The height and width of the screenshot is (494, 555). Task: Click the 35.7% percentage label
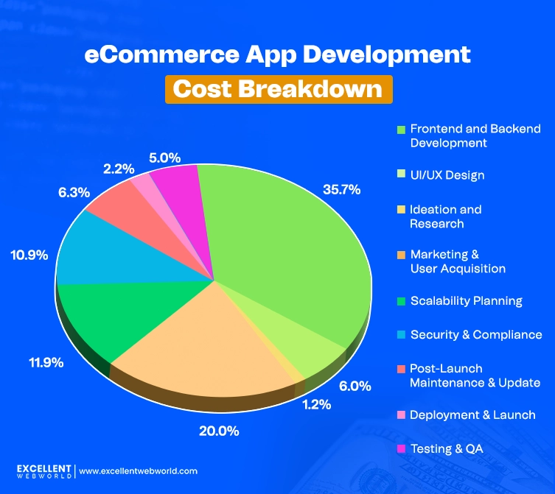click(x=341, y=189)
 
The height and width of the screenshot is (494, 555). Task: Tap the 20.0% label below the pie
click(x=219, y=431)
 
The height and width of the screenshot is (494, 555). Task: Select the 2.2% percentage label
click(x=118, y=169)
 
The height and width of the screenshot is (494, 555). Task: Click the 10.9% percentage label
click(x=29, y=255)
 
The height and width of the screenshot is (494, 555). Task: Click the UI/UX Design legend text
click(x=447, y=175)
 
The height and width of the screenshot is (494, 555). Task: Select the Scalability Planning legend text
click(x=466, y=300)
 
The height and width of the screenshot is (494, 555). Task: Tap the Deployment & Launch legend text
click(x=472, y=414)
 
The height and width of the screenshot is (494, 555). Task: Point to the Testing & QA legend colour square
click(x=401, y=448)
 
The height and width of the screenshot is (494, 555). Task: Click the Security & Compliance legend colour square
click(x=401, y=335)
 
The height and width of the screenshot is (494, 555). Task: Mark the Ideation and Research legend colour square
click(x=401, y=210)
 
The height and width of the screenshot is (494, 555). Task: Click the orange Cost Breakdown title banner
click(x=279, y=88)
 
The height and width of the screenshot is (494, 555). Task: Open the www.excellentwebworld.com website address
click(x=138, y=470)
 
